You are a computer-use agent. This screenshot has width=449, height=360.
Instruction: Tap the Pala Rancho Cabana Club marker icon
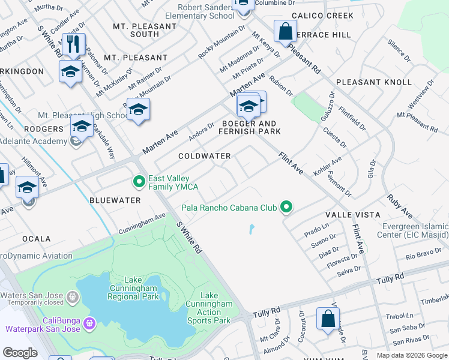click(x=287, y=208)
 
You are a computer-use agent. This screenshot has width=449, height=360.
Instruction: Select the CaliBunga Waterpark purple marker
click(x=90, y=323)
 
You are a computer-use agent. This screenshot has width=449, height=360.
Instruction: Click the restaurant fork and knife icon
click(x=74, y=44)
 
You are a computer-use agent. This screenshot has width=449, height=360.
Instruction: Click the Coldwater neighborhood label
click(x=205, y=156)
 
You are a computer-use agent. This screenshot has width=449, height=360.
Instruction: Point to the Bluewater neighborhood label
click(x=115, y=200)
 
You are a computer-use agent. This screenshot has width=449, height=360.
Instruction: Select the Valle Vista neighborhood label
click(x=353, y=215)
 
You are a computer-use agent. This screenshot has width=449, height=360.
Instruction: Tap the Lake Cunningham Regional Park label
click(x=133, y=288)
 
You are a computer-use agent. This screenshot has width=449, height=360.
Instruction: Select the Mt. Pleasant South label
click(x=136, y=30)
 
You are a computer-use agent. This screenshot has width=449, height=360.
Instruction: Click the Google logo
click(x=20, y=352)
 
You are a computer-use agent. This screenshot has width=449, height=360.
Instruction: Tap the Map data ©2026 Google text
click(x=411, y=355)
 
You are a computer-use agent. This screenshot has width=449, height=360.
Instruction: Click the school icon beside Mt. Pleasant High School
click(x=138, y=110)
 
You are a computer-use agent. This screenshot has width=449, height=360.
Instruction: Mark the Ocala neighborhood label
click(x=36, y=239)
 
